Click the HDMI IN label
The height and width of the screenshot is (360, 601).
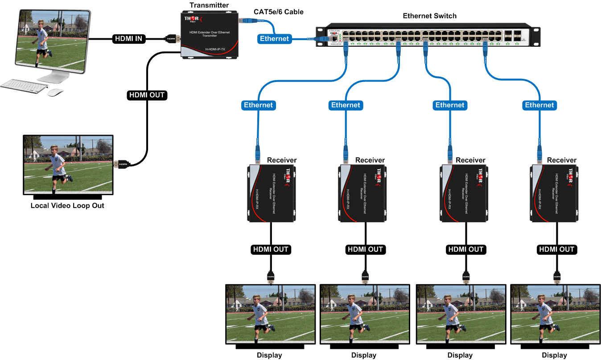click(x=128, y=39)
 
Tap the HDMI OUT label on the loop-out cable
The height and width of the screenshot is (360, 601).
click(x=147, y=95)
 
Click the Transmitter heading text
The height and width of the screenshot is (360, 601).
click(x=209, y=5)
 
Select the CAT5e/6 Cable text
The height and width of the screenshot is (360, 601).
click(x=278, y=12)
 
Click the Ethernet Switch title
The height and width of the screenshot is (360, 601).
click(x=429, y=16)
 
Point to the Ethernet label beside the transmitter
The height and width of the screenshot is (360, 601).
click(x=274, y=39)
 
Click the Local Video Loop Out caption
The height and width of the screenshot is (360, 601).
click(x=67, y=206)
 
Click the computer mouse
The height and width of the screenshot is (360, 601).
click(x=55, y=92)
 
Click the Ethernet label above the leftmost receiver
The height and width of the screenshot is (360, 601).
click(x=258, y=105)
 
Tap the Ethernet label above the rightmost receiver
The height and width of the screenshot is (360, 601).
click(x=539, y=105)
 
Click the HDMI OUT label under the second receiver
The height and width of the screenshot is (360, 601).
click(x=365, y=250)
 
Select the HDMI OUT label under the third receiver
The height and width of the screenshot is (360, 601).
click(x=465, y=250)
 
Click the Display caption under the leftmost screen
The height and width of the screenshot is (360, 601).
click(x=269, y=355)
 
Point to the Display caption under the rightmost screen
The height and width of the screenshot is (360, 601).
click(x=554, y=355)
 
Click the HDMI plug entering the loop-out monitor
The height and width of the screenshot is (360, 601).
click(x=122, y=164)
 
